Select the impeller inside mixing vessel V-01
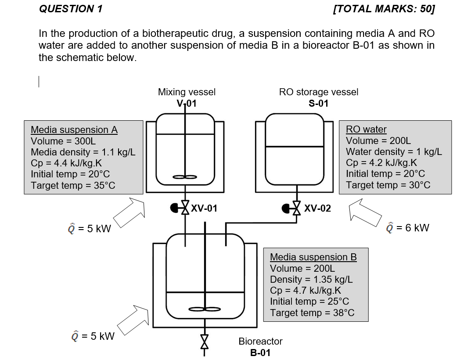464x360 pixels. coord(185,177)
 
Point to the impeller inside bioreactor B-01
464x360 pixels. coord(205,310)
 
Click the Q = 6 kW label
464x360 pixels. coord(407,227)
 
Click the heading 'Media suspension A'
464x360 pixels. coord(74,130)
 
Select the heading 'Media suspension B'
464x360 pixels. coord(313,257)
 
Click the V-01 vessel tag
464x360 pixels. coord(187,104)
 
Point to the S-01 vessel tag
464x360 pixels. coord(318,104)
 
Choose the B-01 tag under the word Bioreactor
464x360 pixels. coord(260,353)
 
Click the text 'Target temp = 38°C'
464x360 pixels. coord(312,313)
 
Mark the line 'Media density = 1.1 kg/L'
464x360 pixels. coord(83,152)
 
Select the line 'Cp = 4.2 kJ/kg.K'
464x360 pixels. coord(381,162)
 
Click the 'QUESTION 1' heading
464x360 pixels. coord(71,9)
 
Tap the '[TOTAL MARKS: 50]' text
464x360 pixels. coord(384,9)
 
